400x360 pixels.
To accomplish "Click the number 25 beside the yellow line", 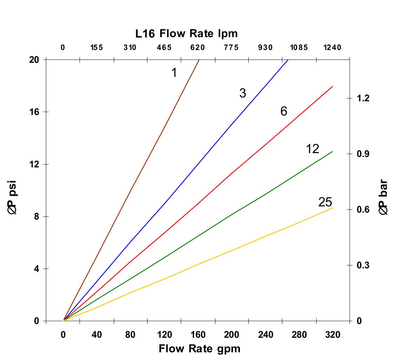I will (325, 202).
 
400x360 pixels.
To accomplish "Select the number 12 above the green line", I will (312, 149).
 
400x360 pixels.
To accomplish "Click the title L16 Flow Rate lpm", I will (187, 34).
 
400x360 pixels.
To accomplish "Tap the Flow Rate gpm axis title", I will (200, 349).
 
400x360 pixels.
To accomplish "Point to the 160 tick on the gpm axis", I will (198, 335).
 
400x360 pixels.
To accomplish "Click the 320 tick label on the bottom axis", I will (333, 335).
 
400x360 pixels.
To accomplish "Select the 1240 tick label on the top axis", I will (332, 48).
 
